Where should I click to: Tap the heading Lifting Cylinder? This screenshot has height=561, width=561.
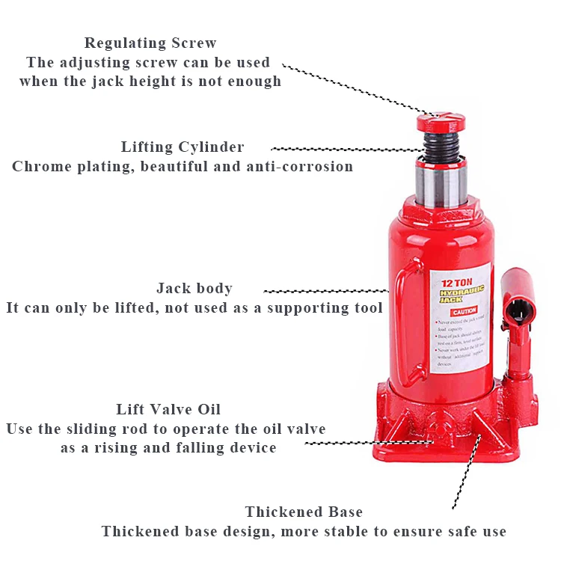click(x=183, y=147)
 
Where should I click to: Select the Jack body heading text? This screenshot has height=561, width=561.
click(x=194, y=289)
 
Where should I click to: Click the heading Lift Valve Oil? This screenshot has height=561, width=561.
click(x=168, y=410)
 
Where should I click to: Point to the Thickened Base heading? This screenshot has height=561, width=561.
click(x=304, y=512)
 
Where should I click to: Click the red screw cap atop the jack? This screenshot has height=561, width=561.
click(x=439, y=121)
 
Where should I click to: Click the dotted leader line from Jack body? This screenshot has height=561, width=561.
click(x=325, y=290)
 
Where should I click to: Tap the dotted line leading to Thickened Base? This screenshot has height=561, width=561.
click(x=464, y=471)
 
